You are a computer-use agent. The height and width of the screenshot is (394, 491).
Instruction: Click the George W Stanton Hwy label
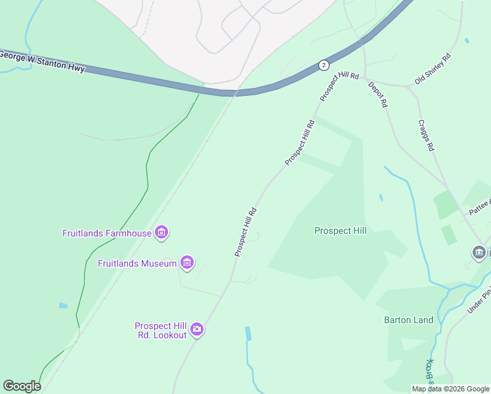point(42,61)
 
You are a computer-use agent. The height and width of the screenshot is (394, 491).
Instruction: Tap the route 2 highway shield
point(324,64)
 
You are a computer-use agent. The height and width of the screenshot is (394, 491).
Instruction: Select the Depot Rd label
point(377,95)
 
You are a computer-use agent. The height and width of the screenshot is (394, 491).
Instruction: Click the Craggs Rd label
point(427,135)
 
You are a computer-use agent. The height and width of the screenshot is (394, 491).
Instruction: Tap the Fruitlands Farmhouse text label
point(107,232)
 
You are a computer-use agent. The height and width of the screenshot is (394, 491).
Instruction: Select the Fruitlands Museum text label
point(137,263)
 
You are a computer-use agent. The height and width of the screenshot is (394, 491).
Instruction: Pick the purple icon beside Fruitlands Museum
point(188,263)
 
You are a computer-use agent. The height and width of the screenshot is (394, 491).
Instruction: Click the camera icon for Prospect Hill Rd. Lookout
point(197,330)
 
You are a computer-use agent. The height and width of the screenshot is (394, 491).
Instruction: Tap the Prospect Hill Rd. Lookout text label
point(160,330)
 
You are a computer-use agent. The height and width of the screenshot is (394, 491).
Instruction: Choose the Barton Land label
point(408,320)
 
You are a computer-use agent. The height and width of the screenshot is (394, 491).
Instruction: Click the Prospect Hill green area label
point(340,230)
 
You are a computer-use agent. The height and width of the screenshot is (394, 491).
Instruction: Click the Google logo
point(22,386)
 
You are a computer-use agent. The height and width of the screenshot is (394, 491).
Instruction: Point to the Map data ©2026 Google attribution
point(450,389)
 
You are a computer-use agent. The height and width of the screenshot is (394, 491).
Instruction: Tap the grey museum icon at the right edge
point(479,252)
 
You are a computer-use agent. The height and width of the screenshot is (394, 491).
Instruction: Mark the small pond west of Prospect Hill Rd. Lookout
point(63,305)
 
